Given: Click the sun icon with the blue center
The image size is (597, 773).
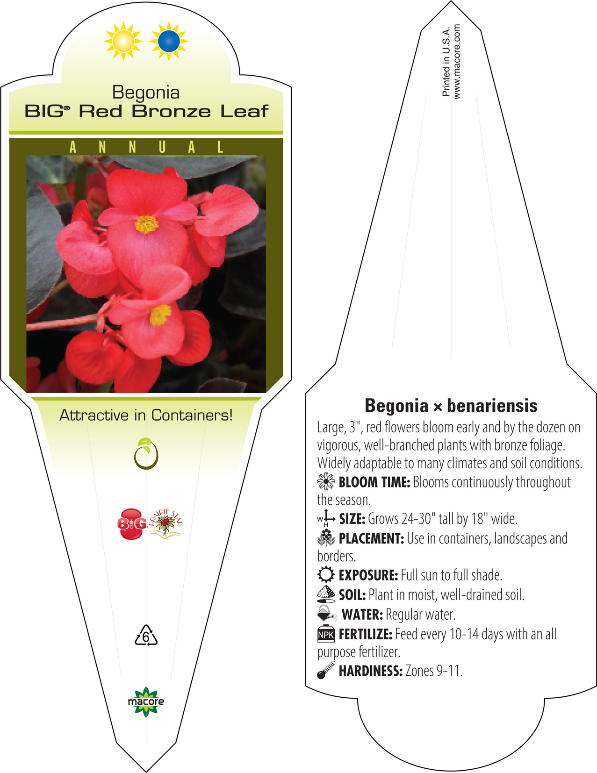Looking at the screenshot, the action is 169,41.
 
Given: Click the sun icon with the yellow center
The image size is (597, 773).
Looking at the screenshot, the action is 123,41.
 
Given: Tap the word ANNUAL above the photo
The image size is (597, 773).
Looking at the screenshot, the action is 146,147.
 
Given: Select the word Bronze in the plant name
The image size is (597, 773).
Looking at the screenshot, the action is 171,111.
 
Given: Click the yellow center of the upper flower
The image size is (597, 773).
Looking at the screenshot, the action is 147,224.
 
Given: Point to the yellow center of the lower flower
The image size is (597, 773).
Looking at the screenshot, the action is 160,315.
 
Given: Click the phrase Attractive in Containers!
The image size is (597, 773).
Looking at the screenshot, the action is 146,415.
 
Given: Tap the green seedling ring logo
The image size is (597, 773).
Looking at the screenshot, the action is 146,453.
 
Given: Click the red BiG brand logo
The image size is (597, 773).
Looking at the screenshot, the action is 132,523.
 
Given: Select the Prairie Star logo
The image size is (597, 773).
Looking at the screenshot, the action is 165,523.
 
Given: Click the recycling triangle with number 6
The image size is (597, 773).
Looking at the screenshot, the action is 146,635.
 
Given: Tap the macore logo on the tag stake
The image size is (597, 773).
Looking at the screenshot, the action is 146,701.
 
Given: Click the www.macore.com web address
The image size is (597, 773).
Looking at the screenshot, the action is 457,62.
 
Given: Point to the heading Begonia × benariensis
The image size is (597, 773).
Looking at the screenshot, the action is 451,406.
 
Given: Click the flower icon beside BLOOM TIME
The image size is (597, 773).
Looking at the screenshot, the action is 326,482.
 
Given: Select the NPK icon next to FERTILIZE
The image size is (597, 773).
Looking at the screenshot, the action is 326,634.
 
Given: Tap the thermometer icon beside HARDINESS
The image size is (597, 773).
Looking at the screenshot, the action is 326,670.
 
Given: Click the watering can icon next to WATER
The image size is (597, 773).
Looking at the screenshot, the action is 327,614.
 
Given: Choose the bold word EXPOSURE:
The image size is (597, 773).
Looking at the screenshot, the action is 368,575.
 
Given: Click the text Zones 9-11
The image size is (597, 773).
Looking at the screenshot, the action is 434,671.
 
